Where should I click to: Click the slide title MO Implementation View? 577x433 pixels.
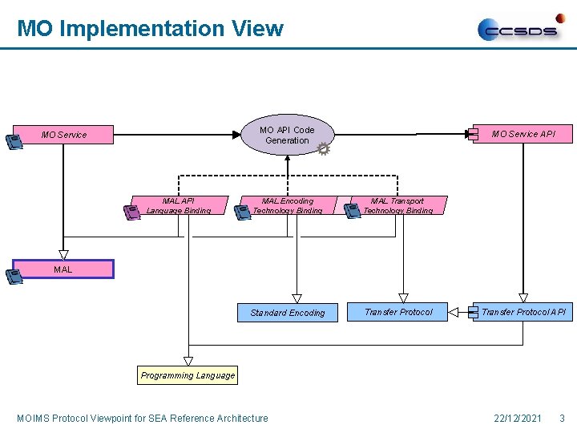[150, 29]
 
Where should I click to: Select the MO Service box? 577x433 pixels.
[65, 135]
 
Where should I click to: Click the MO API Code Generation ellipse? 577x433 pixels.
[287, 135]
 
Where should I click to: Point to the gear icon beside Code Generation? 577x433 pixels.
[323, 149]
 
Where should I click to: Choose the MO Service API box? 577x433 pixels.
[523, 134]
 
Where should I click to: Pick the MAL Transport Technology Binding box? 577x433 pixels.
[397, 206]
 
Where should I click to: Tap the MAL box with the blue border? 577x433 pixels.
[63, 269]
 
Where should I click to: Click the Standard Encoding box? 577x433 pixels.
[287, 313]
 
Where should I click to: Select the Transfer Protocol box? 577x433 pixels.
[398, 312]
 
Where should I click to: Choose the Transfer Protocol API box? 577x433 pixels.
[523, 312]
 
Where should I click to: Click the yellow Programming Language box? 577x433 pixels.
[188, 375]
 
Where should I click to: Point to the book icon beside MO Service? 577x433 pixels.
[14, 143]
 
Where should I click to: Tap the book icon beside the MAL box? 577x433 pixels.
[14, 277]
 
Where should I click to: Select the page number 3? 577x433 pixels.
[562, 418]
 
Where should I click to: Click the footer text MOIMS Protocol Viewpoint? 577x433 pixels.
[143, 418]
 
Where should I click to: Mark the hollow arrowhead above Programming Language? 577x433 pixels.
[188, 361]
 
